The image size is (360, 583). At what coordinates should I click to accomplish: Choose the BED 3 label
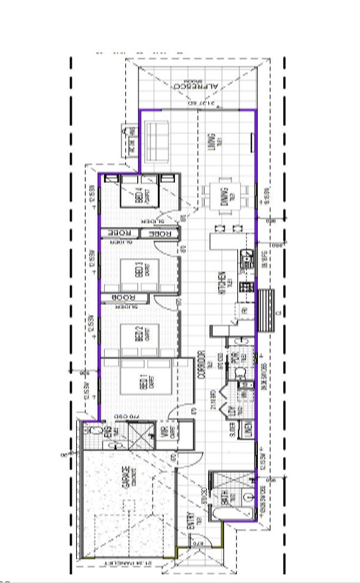click(x=139, y=269)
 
